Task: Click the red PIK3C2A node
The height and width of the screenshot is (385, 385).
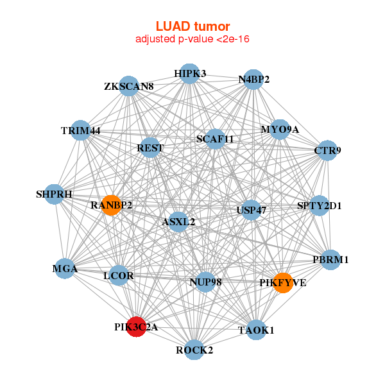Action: (136, 327)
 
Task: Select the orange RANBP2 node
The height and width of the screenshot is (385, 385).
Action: (111, 205)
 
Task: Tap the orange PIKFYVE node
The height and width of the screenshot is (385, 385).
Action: (283, 282)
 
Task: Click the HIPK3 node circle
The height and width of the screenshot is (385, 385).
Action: (189, 74)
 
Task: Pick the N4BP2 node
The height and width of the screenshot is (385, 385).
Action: (254, 80)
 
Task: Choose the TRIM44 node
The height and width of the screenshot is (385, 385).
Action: (80, 130)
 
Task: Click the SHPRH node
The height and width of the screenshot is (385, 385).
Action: (55, 194)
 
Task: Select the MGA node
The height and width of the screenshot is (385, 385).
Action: (65, 269)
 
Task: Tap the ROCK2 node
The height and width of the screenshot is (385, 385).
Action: (194, 350)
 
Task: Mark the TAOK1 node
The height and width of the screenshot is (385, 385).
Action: (256, 330)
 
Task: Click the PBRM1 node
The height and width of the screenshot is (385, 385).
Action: (330, 260)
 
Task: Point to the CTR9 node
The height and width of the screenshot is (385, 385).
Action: (328, 151)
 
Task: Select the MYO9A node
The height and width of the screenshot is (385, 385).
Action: (280, 130)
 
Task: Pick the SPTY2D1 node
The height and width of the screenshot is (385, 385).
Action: (320, 206)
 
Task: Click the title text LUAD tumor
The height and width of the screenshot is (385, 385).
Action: (193, 26)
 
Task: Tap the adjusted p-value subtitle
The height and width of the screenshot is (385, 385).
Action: (193, 39)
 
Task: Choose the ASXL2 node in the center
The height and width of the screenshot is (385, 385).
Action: (178, 222)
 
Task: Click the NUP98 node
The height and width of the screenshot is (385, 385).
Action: (205, 282)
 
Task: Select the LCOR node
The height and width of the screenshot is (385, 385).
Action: (119, 275)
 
